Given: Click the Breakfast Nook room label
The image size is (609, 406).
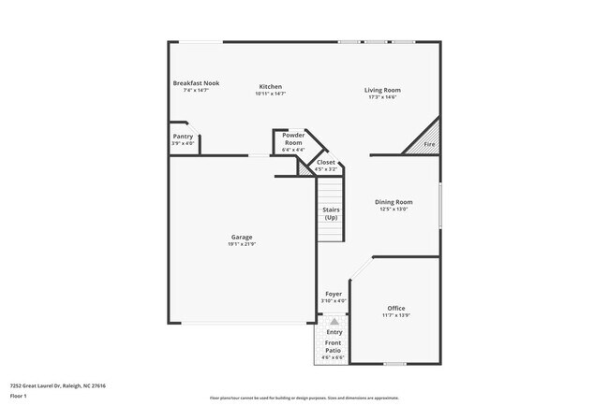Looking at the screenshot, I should (x=195, y=83).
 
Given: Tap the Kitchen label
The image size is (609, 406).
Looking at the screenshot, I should (x=270, y=87).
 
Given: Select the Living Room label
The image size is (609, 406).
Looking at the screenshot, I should (x=381, y=90).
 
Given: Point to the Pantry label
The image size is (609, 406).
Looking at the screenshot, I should (x=183, y=137).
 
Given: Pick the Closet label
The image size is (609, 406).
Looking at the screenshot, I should (x=326, y=163).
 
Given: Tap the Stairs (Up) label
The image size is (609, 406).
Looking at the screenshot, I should (x=331, y=214).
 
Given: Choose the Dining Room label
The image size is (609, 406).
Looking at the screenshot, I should (x=394, y=202).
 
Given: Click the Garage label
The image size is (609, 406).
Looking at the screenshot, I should (x=242, y=237).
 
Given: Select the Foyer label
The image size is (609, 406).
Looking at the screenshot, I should (x=334, y=294).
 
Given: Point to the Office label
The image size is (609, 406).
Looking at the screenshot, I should (x=396, y=308).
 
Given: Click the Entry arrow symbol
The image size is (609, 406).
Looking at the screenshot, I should (x=334, y=321).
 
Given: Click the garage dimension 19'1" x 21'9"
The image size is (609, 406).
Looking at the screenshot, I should (x=242, y=244).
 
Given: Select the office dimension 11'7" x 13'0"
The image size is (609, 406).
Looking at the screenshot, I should (x=396, y=315).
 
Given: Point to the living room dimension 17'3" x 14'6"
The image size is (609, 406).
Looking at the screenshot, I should (x=381, y=96).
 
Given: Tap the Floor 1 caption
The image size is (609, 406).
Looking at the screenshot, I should (x=19, y=396).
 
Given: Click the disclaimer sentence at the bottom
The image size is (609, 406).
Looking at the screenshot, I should (x=304, y=398).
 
